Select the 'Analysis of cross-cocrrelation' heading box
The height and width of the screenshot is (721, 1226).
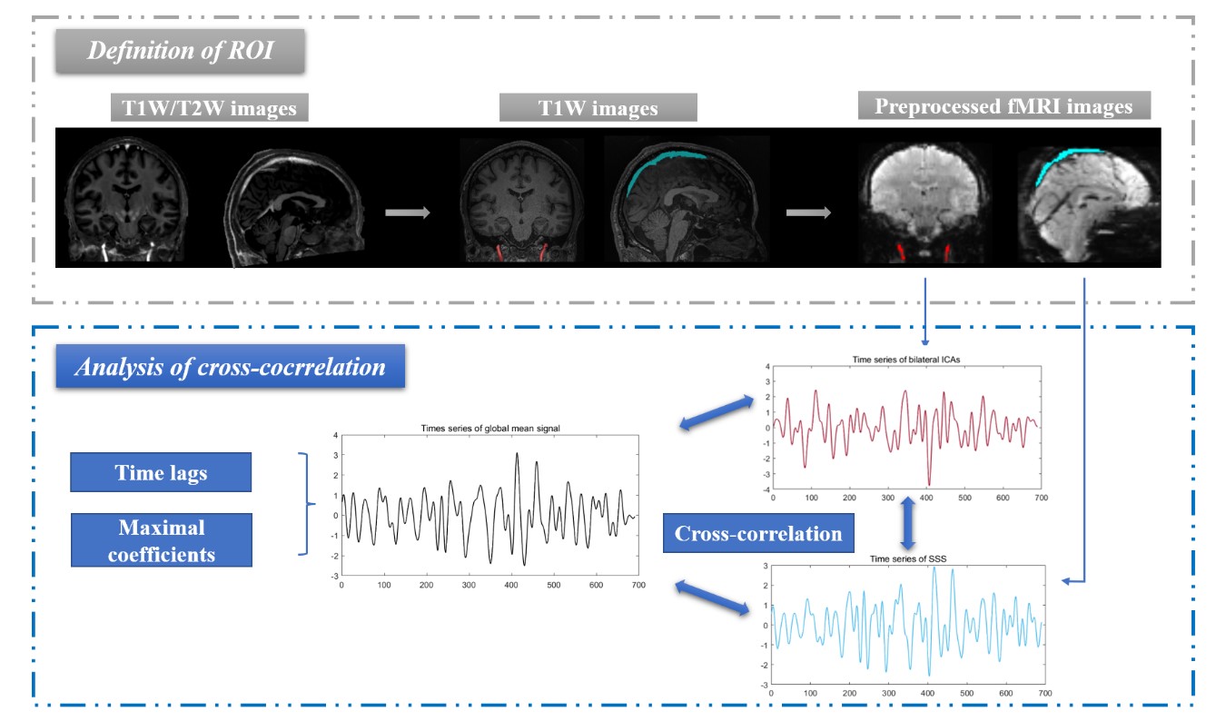(230, 367)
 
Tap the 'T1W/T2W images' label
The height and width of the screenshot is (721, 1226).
(209, 109)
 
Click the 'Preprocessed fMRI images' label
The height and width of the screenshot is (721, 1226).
(1003, 106)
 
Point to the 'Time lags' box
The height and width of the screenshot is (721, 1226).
(161, 472)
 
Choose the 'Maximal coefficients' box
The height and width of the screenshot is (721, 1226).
(161, 540)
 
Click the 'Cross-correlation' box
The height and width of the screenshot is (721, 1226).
(758, 533)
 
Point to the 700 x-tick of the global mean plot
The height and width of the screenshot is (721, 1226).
(638, 586)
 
